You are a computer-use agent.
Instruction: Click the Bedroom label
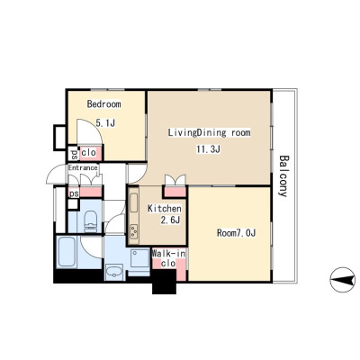click(x=104, y=104)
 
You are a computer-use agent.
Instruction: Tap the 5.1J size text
click(x=105, y=123)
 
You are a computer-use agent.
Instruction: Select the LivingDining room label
click(x=209, y=132)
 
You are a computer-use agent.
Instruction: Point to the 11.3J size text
click(x=209, y=148)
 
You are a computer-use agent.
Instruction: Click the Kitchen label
click(x=165, y=209)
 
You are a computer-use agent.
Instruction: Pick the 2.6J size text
click(x=170, y=220)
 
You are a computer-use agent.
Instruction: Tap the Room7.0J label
click(x=236, y=233)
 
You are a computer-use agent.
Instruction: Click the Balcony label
click(x=283, y=175)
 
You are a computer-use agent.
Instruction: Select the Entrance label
click(x=83, y=167)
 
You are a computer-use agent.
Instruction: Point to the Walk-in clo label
click(x=168, y=258)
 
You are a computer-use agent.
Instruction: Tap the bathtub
click(x=67, y=251)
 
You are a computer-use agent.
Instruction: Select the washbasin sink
click(x=114, y=272)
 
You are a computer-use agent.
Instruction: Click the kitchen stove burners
click(x=133, y=231)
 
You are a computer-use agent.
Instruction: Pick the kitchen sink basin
click(x=133, y=202)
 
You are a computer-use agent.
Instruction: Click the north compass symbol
click(x=342, y=280)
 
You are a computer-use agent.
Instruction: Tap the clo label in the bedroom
click(x=89, y=152)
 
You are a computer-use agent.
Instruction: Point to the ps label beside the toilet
click(x=74, y=193)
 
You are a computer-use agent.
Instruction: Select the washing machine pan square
click(x=139, y=257)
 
